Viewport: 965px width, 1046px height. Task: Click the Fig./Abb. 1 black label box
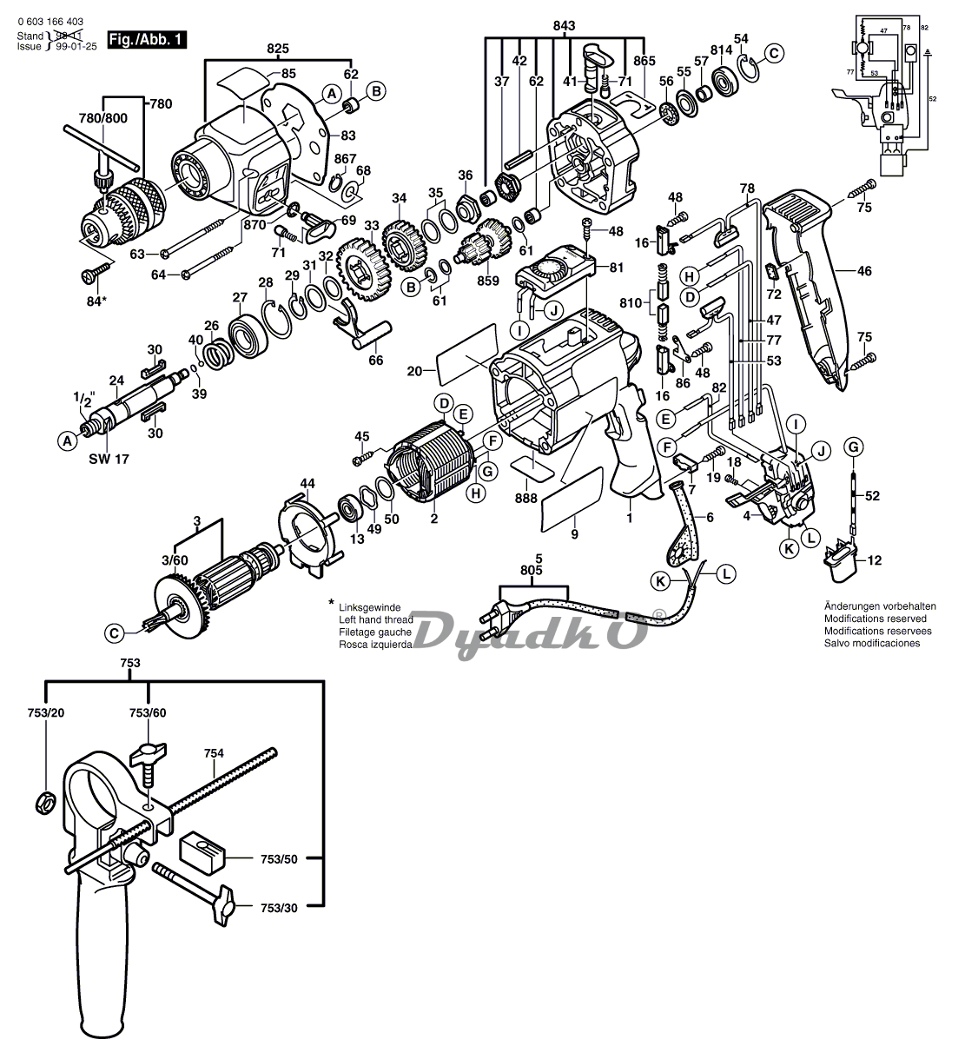tap(146, 39)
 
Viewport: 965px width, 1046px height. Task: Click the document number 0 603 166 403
tap(55, 23)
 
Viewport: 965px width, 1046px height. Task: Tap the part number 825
tap(277, 49)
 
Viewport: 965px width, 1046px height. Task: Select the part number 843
tap(564, 27)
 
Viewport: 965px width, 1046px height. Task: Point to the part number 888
tap(525, 499)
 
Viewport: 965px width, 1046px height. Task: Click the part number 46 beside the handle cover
tap(864, 271)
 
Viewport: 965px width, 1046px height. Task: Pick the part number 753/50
tap(280, 859)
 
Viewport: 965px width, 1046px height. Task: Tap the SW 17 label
tap(109, 458)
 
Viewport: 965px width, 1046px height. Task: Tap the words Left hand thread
tap(375, 619)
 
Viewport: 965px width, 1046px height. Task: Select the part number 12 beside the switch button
tap(874, 560)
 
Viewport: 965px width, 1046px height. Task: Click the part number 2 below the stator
tap(433, 519)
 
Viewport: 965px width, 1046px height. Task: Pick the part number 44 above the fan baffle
tap(307, 482)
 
